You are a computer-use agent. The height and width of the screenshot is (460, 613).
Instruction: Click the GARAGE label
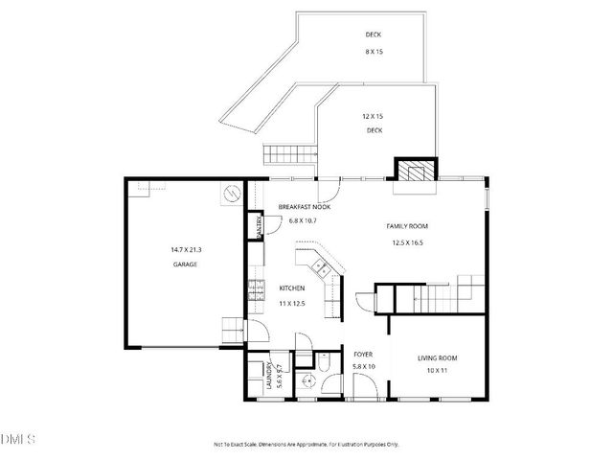coord(185,264)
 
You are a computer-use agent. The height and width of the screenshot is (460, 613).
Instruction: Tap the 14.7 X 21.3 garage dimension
coord(185,250)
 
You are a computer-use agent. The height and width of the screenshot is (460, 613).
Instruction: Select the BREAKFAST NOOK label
coord(305,207)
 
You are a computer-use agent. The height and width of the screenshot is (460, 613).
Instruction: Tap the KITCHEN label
coord(292,287)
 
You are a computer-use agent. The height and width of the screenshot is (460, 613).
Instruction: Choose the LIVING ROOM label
coord(438,358)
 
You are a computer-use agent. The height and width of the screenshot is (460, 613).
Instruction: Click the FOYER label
coord(363,354)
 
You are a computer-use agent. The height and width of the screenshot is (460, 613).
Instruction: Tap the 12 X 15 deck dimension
coord(373,116)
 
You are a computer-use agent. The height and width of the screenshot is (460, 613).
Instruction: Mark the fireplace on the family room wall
coord(416,171)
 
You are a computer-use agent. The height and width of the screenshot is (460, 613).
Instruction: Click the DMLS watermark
coord(18,439)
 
